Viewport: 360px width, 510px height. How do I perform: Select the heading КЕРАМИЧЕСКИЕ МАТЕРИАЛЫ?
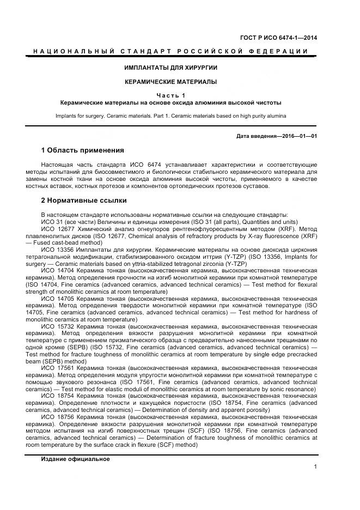170,82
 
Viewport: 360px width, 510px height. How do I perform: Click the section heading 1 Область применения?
82,150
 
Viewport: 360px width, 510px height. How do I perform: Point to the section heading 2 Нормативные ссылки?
83,201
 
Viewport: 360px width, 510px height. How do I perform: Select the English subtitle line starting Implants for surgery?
170,116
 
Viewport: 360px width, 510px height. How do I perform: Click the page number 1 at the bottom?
315,466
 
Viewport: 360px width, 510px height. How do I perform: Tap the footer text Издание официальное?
75,459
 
